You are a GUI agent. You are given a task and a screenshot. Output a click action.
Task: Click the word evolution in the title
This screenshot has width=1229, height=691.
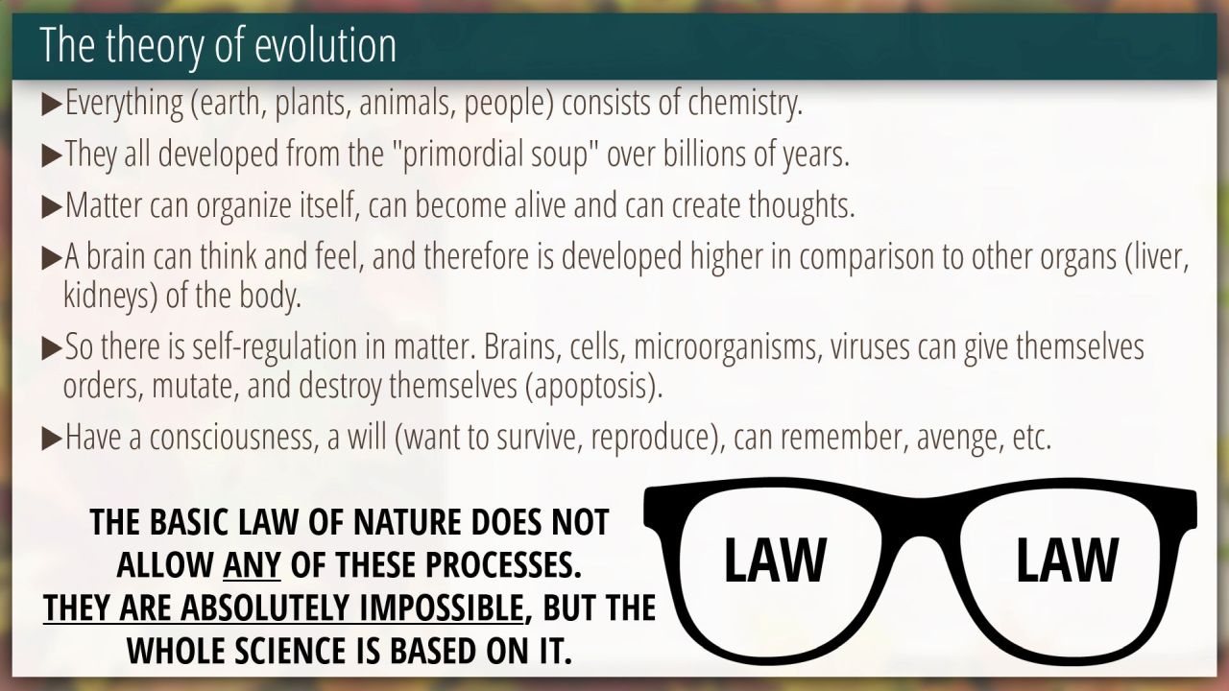coord(325,45)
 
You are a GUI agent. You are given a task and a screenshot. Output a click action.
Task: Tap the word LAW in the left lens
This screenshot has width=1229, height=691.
coord(775,560)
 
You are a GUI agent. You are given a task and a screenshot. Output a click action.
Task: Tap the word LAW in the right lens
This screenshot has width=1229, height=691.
coord(1067,560)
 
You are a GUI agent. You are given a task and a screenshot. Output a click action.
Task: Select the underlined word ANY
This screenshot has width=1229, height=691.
coord(252,565)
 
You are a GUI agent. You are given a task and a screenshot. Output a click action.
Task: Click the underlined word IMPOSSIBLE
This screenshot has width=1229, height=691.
coord(441,608)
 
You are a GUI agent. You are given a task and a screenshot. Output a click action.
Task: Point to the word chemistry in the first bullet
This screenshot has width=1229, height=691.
coord(744,103)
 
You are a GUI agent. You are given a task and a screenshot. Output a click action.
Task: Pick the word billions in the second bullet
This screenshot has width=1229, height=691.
coord(705,154)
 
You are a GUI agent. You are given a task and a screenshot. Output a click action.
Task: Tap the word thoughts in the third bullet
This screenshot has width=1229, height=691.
coord(801,205)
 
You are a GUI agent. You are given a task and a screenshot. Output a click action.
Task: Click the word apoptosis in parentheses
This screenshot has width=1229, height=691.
coord(589,387)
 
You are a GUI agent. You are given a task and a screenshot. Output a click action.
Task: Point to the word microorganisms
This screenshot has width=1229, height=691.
coord(728,347)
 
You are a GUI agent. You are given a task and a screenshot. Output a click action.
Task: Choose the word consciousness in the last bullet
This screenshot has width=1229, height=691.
coord(234,438)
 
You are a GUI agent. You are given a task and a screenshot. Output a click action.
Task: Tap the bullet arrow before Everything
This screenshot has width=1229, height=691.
coord(52,105)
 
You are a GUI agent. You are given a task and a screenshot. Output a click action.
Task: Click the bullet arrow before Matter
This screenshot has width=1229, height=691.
coord(52,207)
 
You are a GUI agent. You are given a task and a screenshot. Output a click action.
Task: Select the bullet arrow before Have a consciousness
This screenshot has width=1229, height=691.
coord(52,440)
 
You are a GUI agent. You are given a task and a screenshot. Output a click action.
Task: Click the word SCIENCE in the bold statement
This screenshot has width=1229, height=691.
coord(294,651)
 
